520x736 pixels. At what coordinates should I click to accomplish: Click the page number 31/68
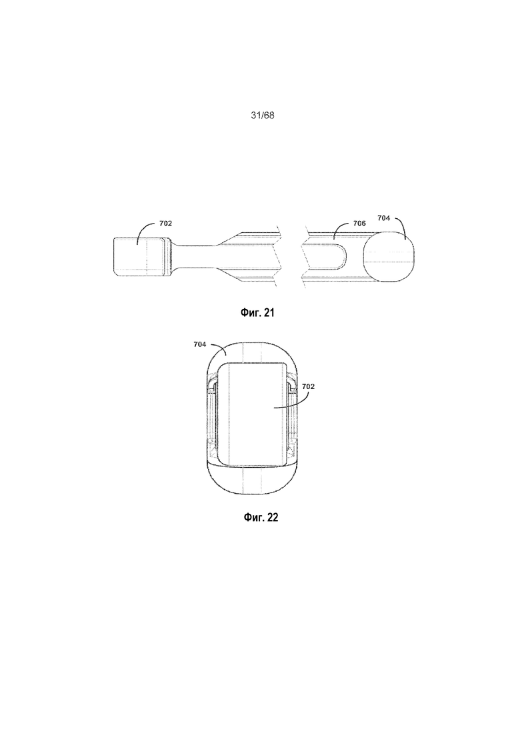click(262, 115)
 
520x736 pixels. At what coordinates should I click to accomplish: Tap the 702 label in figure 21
click(165, 224)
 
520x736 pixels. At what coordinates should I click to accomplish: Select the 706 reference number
click(359, 224)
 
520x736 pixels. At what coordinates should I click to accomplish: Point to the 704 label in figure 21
click(384, 218)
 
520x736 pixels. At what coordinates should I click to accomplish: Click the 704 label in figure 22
click(200, 344)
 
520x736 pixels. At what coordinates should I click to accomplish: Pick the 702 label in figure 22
click(308, 386)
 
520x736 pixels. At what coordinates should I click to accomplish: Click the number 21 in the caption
click(269, 312)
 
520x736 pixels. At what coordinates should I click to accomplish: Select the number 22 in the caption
click(273, 517)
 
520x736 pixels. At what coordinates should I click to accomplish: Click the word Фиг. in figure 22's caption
click(254, 517)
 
